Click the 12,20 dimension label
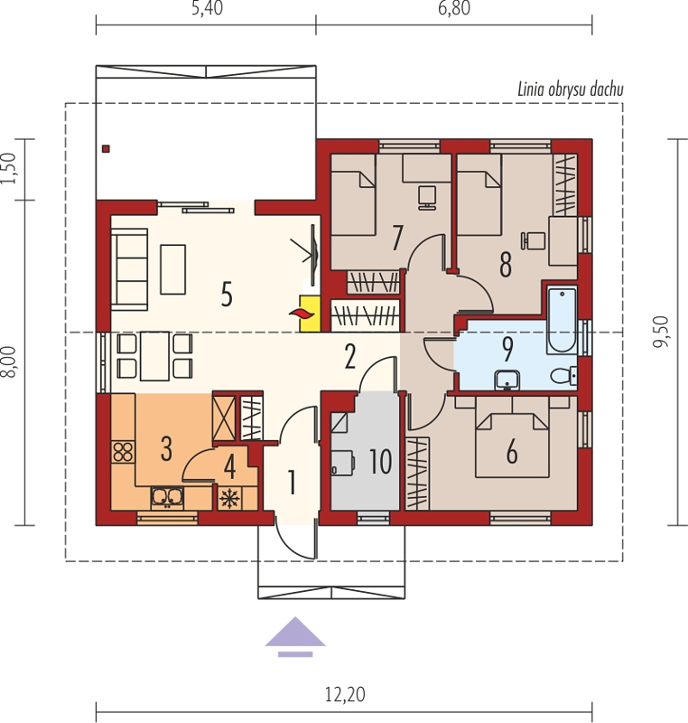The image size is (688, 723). tap(345, 694)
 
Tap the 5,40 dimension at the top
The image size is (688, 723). tap(208, 8)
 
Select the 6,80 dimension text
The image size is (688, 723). tap(454, 8)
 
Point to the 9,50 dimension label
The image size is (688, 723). tap(661, 332)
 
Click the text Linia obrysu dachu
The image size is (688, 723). tap(571, 89)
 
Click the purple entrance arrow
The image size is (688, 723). tap(295, 636)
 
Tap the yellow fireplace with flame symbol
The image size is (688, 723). tap(310, 314)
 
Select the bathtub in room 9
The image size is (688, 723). tap(562, 320)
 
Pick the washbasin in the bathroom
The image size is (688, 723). tap(507, 380)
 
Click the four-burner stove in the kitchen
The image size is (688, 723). tap(123, 452)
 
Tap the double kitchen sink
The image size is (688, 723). tap(167, 497)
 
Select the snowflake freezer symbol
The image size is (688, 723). tap(229, 499)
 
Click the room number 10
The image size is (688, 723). tap(380, 462)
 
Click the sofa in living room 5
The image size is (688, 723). tap(129, 269)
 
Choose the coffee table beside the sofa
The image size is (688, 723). tap(172, 269)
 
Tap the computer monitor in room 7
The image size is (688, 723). tap(427, 198)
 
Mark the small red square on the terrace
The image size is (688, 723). tap(106, 148)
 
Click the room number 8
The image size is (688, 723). tap(506, 265)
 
